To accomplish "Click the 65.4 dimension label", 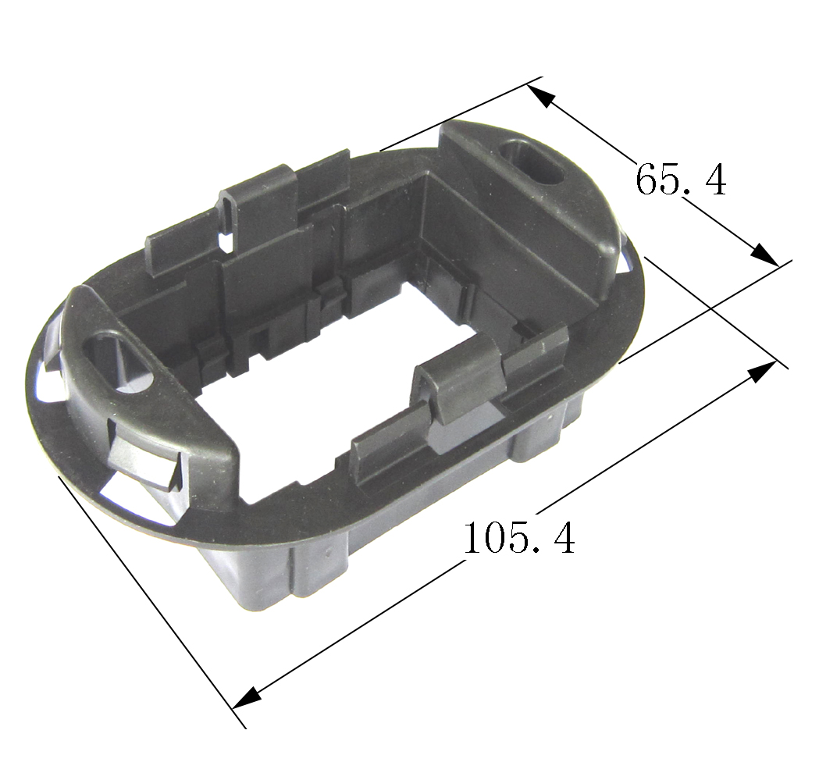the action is click(x=681, y=180).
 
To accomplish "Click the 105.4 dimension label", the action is click(x=518, y=537).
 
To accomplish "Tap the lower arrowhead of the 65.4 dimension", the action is click(x=764, y=255).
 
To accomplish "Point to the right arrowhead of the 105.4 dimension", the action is click(x=762, y=372).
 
